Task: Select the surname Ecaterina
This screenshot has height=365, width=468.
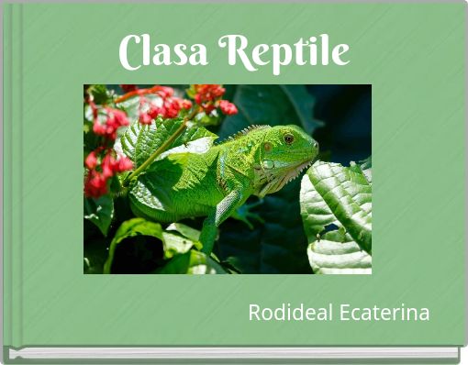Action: click(384, 314)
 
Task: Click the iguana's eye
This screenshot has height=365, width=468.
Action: click(288, 138)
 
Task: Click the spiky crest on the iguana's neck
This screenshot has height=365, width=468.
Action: click(240, 134)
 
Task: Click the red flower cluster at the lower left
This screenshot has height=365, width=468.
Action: click(99, 174)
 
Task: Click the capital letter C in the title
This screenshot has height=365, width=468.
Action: click(131, 53)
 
